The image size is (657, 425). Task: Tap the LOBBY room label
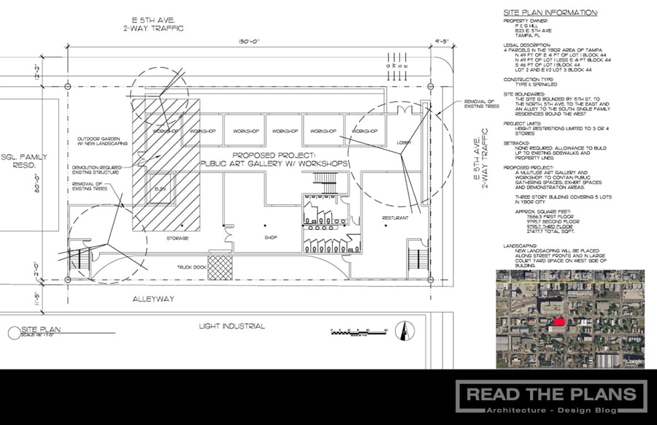pos(404,142)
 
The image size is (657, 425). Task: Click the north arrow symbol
pos(399,332)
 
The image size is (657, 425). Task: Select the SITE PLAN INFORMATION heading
pos(551,12)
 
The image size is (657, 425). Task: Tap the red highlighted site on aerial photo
pos(558,321)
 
